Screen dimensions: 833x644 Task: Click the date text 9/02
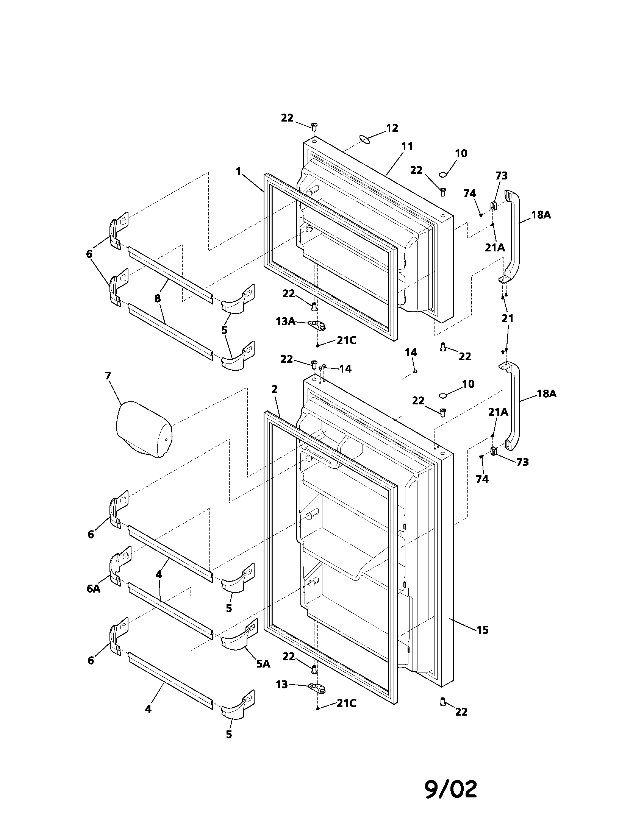tap(450, 786)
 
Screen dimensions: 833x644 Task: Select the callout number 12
tap(392, 128)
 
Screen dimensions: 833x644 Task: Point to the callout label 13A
tap(285, 321)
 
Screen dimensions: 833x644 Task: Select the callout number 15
tap(482, 630)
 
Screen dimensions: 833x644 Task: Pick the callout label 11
tap(407, 146)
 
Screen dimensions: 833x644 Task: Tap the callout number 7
tap(108, 376)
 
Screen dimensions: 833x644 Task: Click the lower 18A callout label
tap(547, 394)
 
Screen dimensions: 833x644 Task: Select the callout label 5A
tap(263, 664)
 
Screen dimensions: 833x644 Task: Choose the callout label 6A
tap(94, 589)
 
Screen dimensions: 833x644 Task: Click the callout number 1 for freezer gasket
tap(238, 172)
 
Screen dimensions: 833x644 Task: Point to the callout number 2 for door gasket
tap(274, 389)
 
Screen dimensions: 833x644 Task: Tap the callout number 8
tap(158, 299)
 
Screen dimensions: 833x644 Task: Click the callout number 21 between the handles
tap(507, 318)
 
